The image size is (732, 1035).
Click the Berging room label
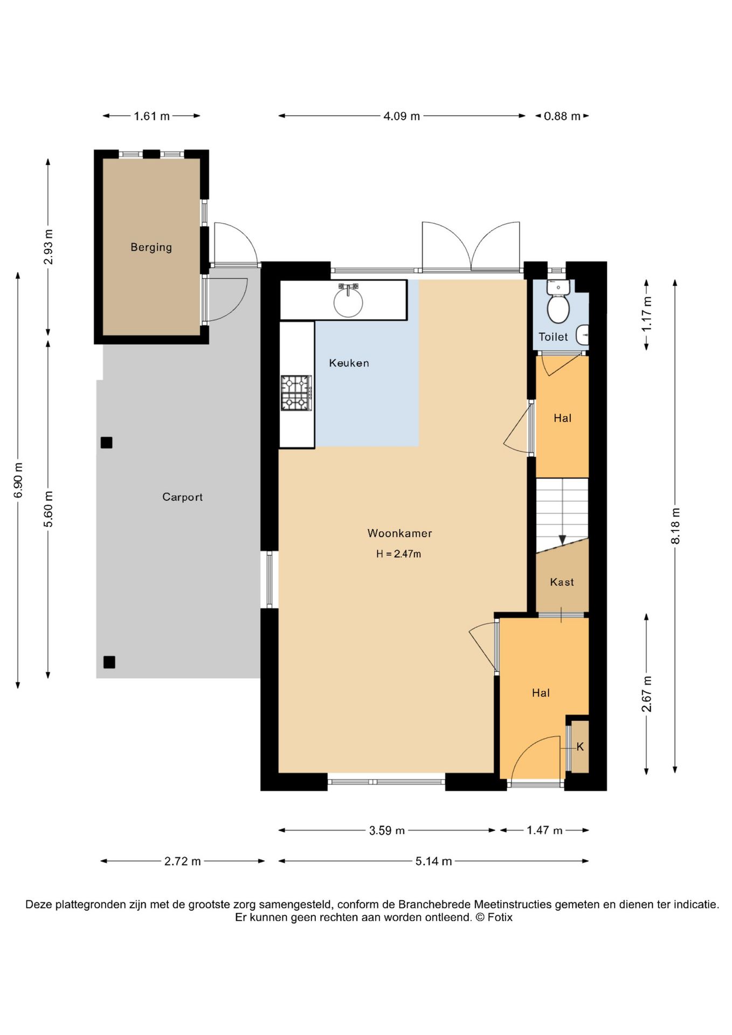(x=151, y=247)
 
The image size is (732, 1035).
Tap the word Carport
(x=182, y=497)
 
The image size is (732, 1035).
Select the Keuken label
(x=349, y=363)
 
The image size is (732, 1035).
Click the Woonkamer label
(x=399, y=533)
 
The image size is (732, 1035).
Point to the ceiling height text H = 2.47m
(x=398, y=554)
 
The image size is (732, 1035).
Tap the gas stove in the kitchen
(x=296, y=393)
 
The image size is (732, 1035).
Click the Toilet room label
(x=553, y=337)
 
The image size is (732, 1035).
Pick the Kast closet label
(x=562, y=582)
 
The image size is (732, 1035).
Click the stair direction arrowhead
(x=562, y=540)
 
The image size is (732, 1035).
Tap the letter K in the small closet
(x=580, y=747)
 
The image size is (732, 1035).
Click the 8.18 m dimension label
(x=675, y=526)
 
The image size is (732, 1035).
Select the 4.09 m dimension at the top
(x=402, y=116)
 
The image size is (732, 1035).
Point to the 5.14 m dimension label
(x=433, y=861)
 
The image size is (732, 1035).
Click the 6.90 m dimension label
(x=18, y=480)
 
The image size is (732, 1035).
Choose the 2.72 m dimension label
(x=183, y=861)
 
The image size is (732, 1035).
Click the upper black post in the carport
(x=106, y=443)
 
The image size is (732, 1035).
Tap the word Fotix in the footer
(x=500, y=917)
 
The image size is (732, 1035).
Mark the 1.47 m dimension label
(x=544, y=831)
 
